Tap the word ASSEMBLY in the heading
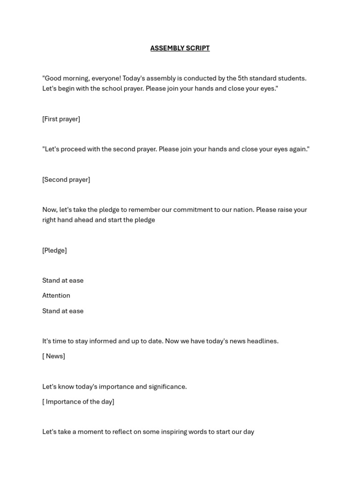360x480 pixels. pos(166,48)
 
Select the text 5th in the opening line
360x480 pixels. pos(243,78)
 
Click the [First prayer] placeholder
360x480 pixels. pos(61,119)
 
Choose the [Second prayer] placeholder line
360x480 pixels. pos(66,180)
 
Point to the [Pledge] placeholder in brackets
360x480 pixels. pos(54,250)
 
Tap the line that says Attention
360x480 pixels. pos(56,296)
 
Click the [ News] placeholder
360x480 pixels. pos(53,356)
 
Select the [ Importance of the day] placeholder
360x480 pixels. pos(78,402)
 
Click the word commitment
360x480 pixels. pos(184,210)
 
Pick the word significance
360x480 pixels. pos(167,387)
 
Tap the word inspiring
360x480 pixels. pos(178,432)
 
